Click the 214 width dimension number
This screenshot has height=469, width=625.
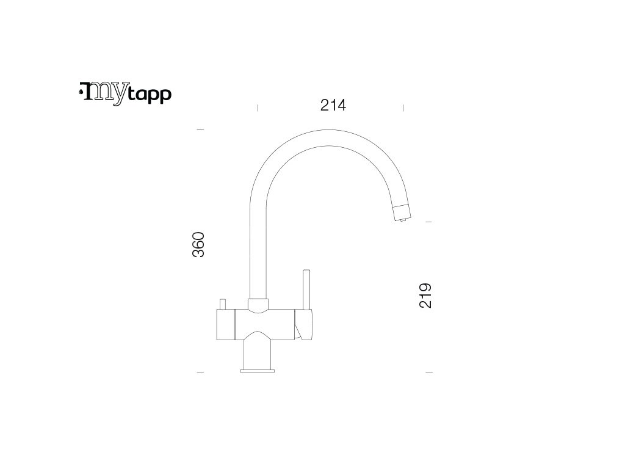[333, 106]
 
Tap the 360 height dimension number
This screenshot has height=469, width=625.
[199, 244]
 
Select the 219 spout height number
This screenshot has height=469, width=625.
[426, 295]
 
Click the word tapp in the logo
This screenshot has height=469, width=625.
[150, 95]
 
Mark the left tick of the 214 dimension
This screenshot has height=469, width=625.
[258, 107]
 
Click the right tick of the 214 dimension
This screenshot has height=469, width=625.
[403, 107]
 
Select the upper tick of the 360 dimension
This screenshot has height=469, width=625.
[200, 130]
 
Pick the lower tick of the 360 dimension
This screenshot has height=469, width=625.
[200, 371]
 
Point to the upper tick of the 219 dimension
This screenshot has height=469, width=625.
[428, 222]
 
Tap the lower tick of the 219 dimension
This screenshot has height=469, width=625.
[428, 371]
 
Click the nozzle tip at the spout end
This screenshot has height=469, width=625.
[402, 214]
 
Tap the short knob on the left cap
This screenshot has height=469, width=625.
[223, 304]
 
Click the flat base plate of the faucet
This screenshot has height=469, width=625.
[258, 369]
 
